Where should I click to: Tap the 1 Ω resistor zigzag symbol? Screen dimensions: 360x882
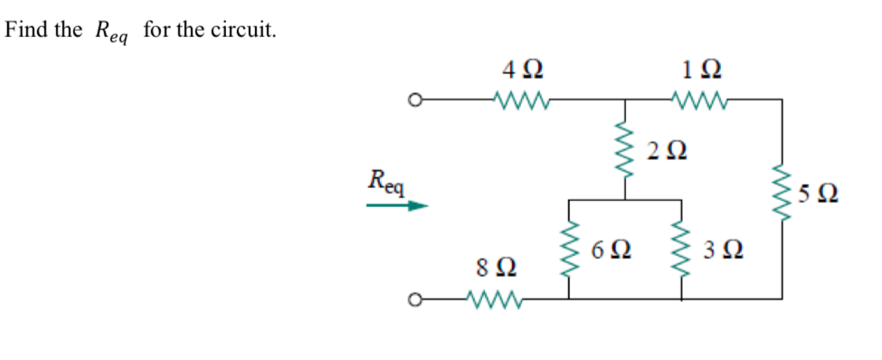coord(697,99)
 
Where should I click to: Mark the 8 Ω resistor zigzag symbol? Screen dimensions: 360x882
coord(494,298)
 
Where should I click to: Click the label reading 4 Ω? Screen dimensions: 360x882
coord(523,69)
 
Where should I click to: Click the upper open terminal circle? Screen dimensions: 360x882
coord(415,99)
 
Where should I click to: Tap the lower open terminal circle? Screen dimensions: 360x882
coord(415,298)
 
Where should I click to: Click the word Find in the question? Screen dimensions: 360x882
coord(24,30)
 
